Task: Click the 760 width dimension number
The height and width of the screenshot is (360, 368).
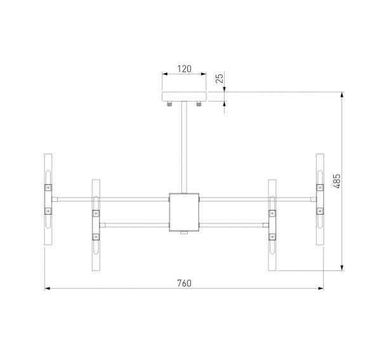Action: [x=183, y=283]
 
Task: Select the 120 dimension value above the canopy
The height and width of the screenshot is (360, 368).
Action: [x=183, y=67]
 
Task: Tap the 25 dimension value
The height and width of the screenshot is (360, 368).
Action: [x=219, y=79]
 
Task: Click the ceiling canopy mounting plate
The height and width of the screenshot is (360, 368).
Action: [x=184, y=97]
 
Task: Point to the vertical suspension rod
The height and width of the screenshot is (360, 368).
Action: [x=184, y=146]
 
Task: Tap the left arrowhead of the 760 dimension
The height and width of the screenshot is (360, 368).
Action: [x=48, y=289]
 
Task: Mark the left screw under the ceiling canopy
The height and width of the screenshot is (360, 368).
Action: [x=169, y=104]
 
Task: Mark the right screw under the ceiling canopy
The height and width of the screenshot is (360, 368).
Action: [x=199, y=104]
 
